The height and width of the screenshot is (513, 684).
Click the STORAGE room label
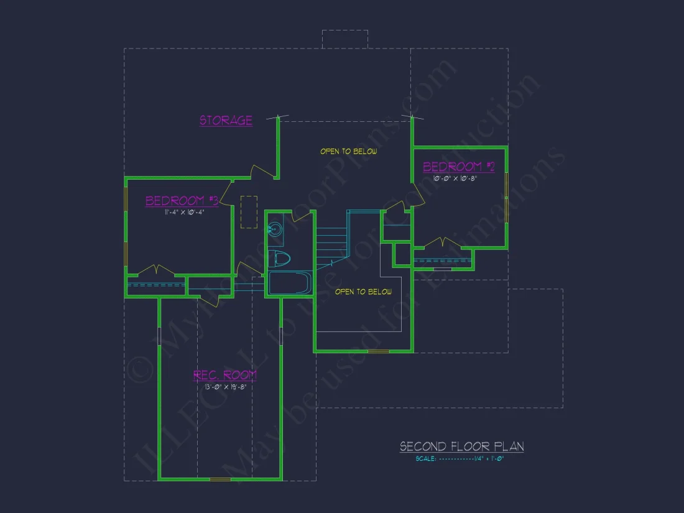(226, 120)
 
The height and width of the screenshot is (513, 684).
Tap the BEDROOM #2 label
(459, 167)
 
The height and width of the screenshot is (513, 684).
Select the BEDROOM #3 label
(182, 201)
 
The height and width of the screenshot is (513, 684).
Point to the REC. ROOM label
(224, 375)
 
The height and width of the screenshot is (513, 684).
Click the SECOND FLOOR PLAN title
(461, 446)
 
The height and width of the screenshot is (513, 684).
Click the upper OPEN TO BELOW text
(348, 151)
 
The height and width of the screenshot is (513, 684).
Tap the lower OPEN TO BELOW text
(363, 292)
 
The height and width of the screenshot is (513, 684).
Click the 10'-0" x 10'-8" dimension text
(456, 178)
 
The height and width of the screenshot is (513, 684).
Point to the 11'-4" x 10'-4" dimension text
(185, 213)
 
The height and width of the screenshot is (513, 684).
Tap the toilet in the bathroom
(280, 259)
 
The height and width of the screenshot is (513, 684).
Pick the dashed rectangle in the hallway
(249, 212)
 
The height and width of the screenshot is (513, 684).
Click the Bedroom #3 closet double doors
(155, 270)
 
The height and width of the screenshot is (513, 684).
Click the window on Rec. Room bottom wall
(220, 479)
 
